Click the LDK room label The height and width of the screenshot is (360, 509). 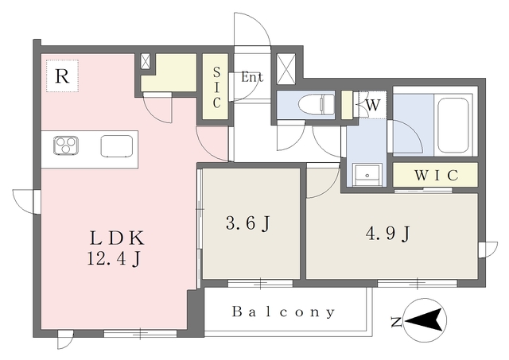(117, 238)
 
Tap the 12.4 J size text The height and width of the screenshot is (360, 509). (114, 259)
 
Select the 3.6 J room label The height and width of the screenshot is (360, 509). (248, 223)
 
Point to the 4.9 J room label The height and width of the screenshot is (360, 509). (388, 233)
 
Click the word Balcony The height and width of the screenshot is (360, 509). (283, 312)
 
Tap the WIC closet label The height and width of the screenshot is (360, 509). (436, 176)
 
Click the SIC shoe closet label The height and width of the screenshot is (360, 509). (216, 87)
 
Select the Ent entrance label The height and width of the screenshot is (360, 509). (252, 78)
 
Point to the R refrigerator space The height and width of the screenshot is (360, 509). (62, 76)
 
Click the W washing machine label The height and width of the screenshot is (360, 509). (373, 105)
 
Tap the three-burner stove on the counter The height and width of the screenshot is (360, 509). (66, 145)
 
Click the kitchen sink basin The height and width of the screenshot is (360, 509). (117, 146)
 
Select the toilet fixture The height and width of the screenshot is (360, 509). (316, 104)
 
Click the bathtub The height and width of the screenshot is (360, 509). (453, 126)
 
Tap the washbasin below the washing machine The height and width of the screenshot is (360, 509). (367, 175)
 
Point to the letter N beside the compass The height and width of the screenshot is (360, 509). (396, 323)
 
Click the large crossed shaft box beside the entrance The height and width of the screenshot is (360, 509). (286, 69)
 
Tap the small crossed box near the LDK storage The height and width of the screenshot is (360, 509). (146, 61)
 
